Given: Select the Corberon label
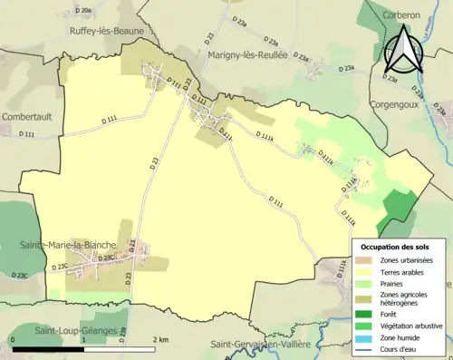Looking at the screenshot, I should pyautogui.click(x=400, y=16).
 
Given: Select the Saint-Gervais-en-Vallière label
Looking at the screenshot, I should pyautogui.click(x=261, y=345).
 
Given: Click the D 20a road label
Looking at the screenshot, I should pyautogui.click(x=83, y=11).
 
